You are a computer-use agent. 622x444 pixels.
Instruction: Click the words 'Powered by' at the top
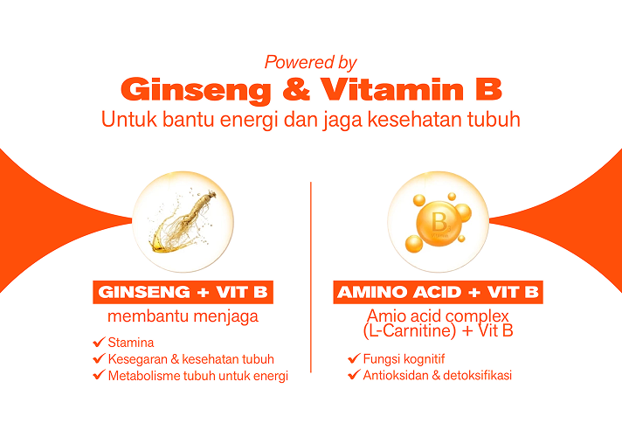click(311, 63)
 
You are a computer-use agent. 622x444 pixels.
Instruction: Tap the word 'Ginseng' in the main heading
click(196, 91)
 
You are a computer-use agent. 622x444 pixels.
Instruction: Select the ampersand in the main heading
click(296, 89)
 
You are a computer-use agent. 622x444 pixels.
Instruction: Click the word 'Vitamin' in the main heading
click(392, 89)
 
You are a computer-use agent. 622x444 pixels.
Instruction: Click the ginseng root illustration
click(183, 220)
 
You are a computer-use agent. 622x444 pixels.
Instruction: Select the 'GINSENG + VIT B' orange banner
click(183, 293)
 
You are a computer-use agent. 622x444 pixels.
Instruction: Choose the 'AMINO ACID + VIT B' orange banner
click(438, 293)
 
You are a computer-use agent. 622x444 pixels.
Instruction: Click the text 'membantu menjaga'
click(183, 316)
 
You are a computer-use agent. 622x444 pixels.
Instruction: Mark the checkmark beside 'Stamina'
click(100, 342)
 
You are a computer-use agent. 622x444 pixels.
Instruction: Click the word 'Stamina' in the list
click(131, 343)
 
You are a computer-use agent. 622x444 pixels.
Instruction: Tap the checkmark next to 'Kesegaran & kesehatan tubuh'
click(100, 358)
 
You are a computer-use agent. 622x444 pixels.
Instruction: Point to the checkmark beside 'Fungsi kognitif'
click(354, 358)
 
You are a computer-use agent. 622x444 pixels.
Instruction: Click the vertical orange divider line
click(311, 277)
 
